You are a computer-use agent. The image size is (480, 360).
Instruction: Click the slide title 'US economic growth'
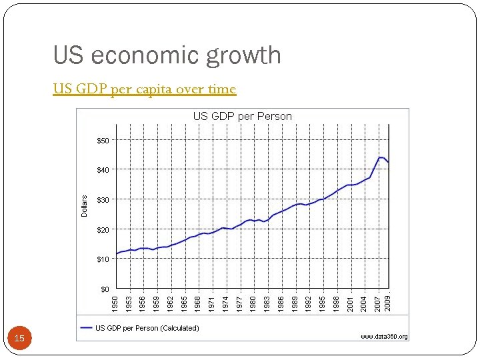pos(167,55)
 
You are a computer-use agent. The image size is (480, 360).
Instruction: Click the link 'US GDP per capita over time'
pos(145,89)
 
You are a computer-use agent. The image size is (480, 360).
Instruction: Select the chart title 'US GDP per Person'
pos(242,116)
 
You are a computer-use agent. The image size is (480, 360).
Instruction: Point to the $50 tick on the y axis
pos(103,141)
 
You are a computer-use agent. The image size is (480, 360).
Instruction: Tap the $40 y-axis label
pos(103,170)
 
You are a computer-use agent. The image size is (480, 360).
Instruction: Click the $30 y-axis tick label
pos(103,200)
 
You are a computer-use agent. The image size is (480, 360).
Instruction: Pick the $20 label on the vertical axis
pos(103,230)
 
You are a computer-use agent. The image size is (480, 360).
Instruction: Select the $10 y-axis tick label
pos(103,259)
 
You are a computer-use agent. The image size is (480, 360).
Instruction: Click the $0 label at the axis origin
pos(105,289)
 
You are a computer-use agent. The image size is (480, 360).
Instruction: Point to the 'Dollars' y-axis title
pos(85,205)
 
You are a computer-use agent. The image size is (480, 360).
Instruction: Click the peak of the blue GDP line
pos(381,157)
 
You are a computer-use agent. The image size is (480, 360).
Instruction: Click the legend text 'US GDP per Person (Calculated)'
pos(147,327)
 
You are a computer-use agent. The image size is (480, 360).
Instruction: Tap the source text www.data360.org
pos(384,337)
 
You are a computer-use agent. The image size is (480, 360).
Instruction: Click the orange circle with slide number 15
pos(19,339)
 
